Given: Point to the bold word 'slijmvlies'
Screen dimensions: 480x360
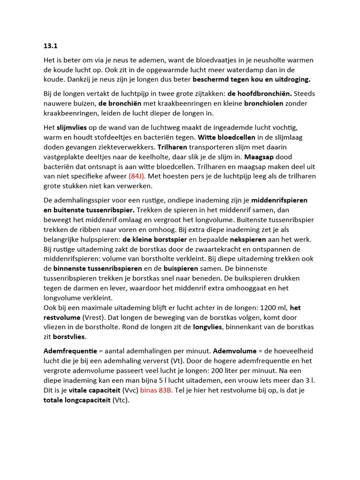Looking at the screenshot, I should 71,127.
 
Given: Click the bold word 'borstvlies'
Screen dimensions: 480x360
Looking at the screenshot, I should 69,337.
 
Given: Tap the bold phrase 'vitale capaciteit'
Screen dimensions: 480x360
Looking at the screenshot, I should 93,390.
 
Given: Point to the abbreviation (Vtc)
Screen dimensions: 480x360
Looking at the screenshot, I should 120,400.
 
